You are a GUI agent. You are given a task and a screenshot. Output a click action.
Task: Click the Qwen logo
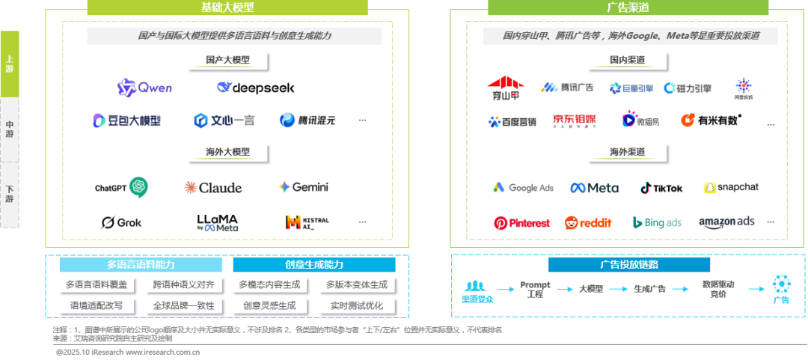[144, 88]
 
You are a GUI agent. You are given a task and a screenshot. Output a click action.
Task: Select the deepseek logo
[255, 88]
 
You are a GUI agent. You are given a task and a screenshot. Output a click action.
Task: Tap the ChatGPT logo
[122, 186]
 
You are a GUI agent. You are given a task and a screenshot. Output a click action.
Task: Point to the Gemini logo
[303, 187]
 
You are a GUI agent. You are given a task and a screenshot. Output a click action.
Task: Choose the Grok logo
[121, 222]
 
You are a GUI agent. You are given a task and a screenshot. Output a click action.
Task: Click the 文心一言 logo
[224, 120]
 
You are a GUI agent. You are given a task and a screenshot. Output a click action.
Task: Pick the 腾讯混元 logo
[307, 120]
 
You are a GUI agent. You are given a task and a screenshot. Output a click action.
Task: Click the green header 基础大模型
[227, 7]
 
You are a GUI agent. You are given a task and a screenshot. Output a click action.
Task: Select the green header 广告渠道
[627, 7]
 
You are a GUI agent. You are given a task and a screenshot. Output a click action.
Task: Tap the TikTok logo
[661, 188]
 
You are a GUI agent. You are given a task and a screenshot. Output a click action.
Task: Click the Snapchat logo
[731, 187]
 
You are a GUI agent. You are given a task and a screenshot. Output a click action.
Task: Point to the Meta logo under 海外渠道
[594, 187]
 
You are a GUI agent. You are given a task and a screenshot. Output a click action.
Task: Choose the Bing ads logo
[656, 222]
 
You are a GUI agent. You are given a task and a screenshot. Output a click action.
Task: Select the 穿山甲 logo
[506, 88]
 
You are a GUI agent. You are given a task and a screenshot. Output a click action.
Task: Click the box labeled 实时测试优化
[357, 305]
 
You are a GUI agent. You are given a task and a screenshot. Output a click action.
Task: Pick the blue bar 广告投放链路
[628, 264]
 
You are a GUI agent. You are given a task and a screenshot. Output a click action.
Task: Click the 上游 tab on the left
[9, 64]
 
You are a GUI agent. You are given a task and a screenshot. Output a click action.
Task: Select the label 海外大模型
[227, 152]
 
